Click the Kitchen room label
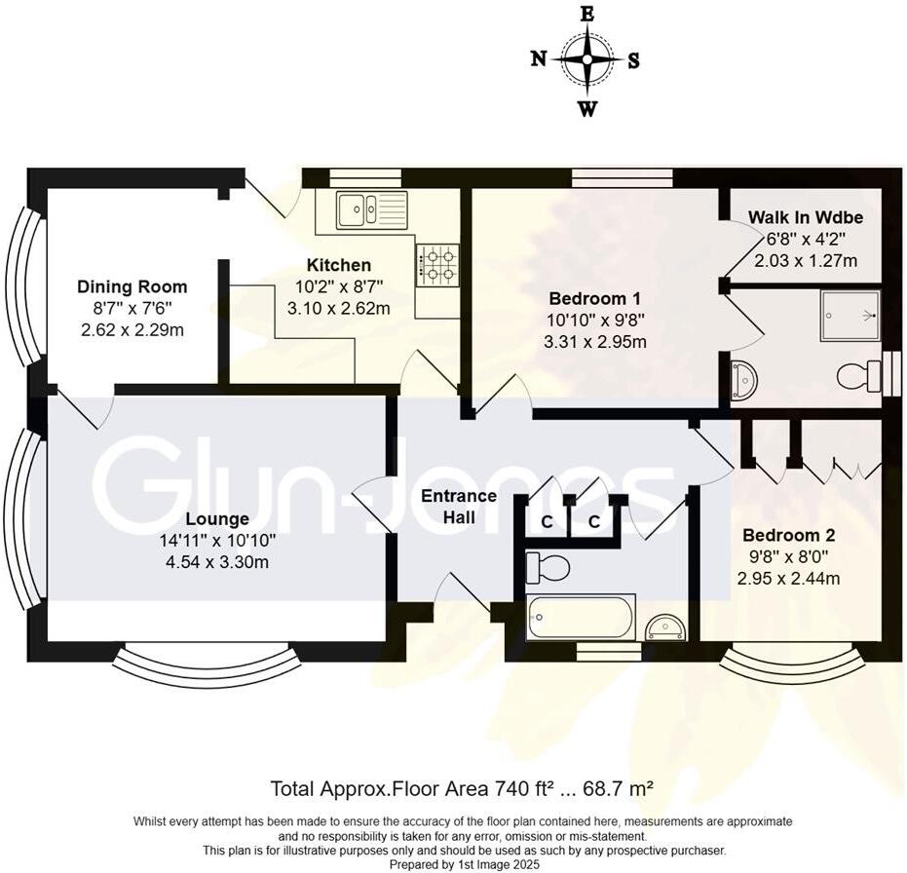pos(338,265)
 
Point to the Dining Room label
pos(132,286)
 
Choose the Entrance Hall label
pos(458,507)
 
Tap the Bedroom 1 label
pos(594,298)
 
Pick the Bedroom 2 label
pos(788,535)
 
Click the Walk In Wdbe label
pos(806,217)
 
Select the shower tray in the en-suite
pos(850,316)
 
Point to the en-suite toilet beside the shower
pos(857,375)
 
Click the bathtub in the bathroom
pos(580,616)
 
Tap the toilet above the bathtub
pos(546,565)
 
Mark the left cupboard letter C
pos(547,521)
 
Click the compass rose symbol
pos(587,59)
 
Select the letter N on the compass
pos(538,59)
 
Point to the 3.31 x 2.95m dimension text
pos(594,341)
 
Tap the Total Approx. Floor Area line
pos(461,786)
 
